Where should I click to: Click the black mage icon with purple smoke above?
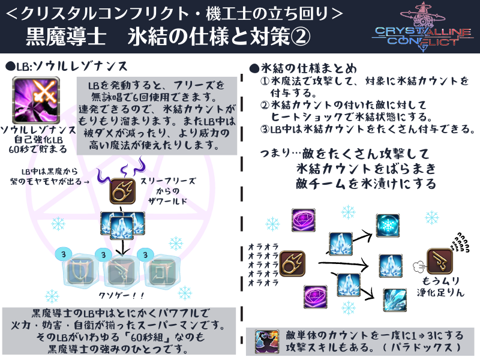click(x=122, y=193)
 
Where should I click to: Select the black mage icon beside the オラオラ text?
click(x=293, y=262)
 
